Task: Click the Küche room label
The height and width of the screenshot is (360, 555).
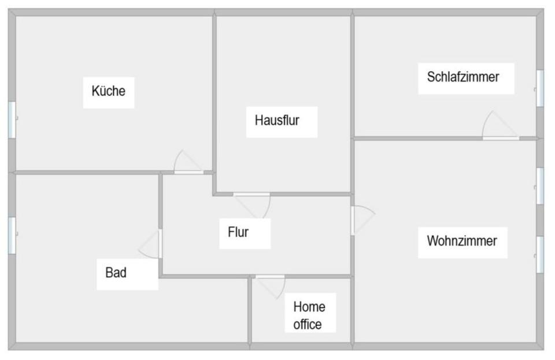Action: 108,91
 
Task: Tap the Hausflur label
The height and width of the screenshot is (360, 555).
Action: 277,121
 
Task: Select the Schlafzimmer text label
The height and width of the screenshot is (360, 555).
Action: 462,77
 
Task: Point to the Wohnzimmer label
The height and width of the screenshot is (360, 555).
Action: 461,241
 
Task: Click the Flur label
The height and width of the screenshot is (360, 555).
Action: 238,232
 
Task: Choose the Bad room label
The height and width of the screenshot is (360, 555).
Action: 116,272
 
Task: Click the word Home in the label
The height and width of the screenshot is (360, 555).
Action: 309,307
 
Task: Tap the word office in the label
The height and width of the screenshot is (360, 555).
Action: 307,325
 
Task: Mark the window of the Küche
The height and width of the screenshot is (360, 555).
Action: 12,120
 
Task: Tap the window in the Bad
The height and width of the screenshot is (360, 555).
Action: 12,235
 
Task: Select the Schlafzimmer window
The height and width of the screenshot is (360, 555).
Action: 539,88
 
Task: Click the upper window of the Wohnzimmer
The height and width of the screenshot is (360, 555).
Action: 539,186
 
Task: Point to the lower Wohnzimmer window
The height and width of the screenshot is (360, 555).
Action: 539,254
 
